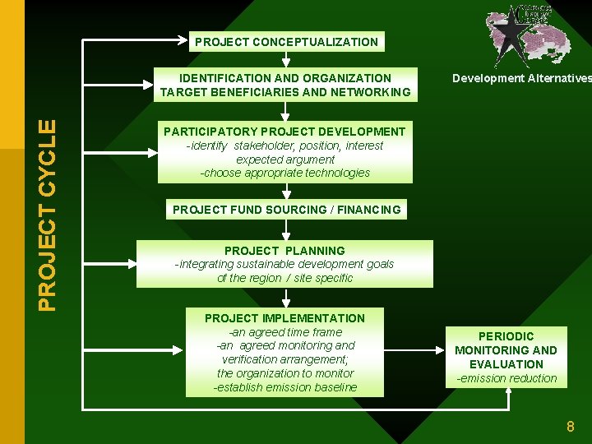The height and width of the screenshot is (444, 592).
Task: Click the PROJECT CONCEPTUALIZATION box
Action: click(286, 42)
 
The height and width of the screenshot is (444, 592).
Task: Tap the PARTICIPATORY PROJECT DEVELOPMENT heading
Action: click(284, 132)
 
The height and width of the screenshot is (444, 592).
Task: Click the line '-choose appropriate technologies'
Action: click(284, 173)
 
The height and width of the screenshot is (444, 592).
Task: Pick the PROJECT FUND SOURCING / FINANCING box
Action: click(286, 210)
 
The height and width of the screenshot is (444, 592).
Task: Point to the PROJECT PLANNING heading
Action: click(284, 251)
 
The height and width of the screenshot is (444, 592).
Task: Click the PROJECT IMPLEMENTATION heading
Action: click(284, 318)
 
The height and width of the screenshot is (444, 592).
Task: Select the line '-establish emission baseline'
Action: click(284, 387)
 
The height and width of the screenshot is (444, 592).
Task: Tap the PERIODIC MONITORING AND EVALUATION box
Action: click(506, 350)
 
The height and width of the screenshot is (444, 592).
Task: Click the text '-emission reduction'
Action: click(506, 378)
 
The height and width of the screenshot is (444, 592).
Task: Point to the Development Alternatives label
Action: click(521, 78)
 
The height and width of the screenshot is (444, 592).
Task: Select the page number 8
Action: click(570, 427)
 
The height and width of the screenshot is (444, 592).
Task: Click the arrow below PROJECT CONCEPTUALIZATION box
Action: click(285, 59)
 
